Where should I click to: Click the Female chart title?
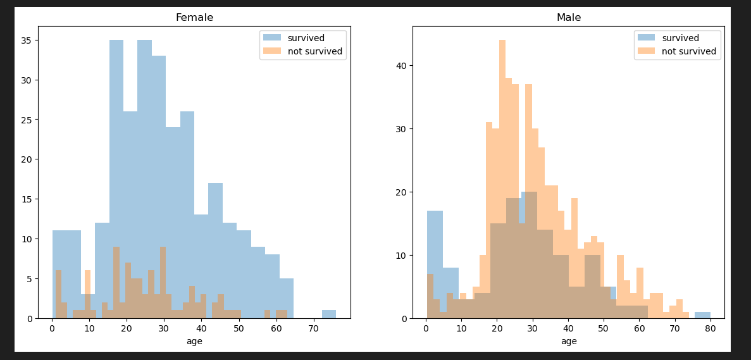194,18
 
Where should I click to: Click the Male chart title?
569,18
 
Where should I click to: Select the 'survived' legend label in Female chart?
306,38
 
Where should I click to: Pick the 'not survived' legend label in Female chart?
315,51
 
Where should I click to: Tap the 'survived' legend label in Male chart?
681,38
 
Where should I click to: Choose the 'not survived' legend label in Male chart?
689,51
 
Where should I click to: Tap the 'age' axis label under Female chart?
194,341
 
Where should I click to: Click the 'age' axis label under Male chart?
569,341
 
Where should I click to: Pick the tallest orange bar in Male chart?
502,179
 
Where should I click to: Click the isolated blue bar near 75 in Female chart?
329,314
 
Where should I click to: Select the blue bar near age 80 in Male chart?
703,315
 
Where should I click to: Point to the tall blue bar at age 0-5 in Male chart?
435,264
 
